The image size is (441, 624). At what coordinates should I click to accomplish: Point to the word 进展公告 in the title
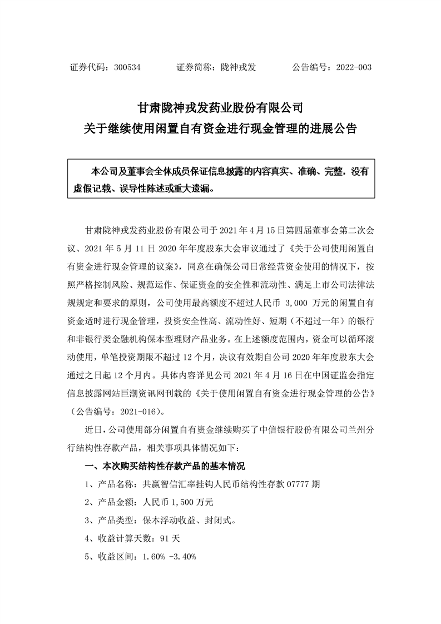point(333,128)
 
